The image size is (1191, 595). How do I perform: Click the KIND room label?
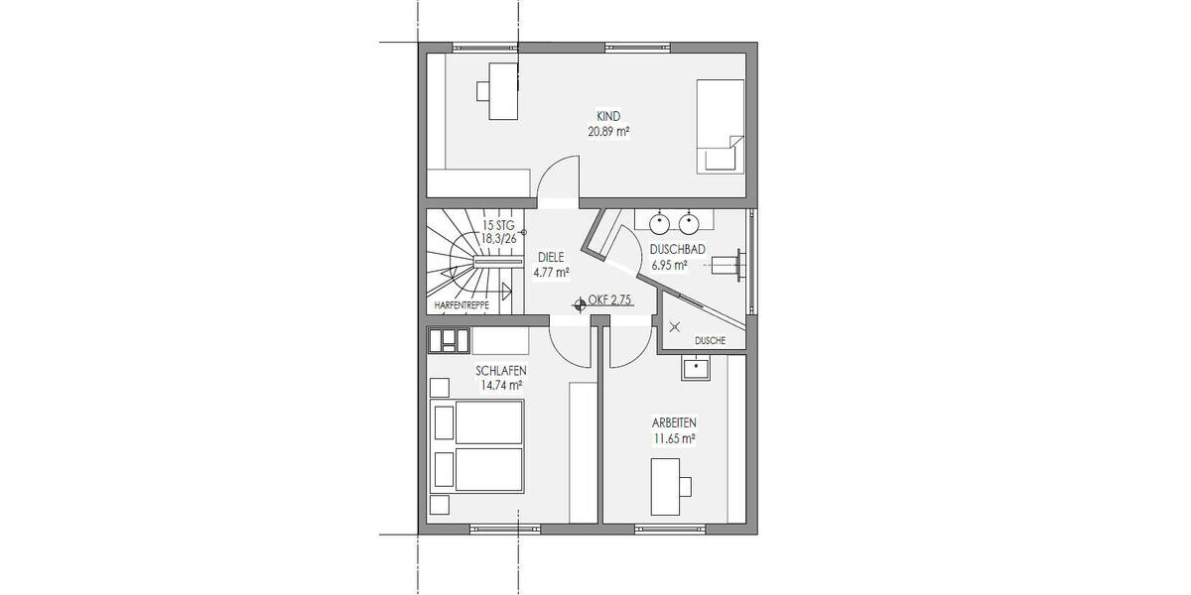(x=608, y=116)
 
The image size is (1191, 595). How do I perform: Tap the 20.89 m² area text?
(x=608, y=130)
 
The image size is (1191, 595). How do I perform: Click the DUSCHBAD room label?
(x=677, y=250)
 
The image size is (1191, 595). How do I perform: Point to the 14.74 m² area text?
(x=501, y=386)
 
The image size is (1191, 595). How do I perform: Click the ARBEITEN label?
(x=672, y=421)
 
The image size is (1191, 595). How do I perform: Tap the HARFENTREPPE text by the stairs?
(x=462, y=306)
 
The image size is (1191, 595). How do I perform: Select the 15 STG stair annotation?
(x=499, y=225)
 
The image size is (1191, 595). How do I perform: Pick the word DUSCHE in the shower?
(x=711, y=340)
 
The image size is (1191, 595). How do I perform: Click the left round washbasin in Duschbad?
(x=659, y=219)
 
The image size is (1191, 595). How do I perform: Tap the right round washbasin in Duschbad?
(x=689, y=219)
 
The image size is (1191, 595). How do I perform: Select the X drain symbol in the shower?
(x=676, y=327)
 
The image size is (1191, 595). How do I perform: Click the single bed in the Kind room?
(x=720, y=127)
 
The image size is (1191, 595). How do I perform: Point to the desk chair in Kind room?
(x=484, y=90)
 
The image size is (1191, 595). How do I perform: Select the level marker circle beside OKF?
(x=580, y=304)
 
